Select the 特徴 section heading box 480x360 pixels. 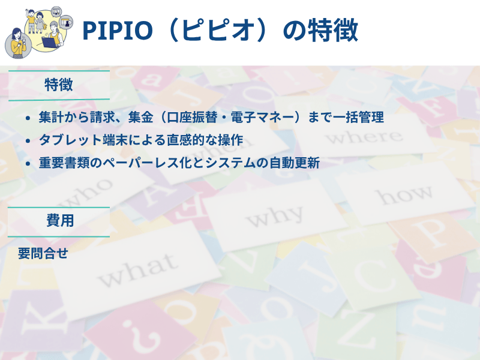(59, 85)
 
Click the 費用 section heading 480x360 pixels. (59, 221)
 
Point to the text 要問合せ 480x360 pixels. (43, 253)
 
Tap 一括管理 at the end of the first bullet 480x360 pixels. (360, 118)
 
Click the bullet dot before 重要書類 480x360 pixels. (28, 163)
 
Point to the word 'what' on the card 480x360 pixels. (137, 271)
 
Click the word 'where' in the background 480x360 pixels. (367, 137)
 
